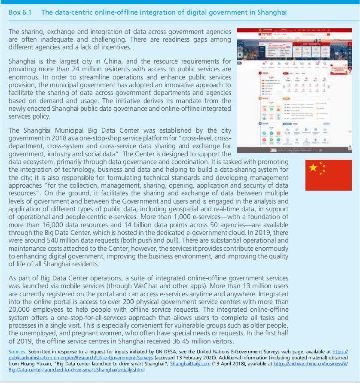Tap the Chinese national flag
coord(328,175)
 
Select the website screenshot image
coord(294,91)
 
